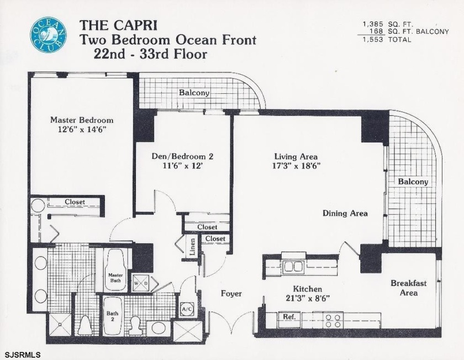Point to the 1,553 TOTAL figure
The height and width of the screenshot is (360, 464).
click(387, 40)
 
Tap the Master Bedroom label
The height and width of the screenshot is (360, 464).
click(82, 120)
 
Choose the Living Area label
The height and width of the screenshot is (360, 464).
click(296, 156)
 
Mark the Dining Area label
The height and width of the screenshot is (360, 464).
click(345, 213)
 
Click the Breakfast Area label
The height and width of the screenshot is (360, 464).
click(408, 288)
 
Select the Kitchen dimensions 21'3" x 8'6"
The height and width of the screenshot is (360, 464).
click(307, 299)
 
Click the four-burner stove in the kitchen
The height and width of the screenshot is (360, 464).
click(333, 320)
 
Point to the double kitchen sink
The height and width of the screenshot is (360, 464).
click(293, 267)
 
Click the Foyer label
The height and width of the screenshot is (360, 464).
click(231, 294)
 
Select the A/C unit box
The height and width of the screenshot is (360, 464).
click(187, 309)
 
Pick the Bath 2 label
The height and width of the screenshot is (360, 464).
click(112, 317)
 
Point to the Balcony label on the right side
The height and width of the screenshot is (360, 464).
click(413, 182)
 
